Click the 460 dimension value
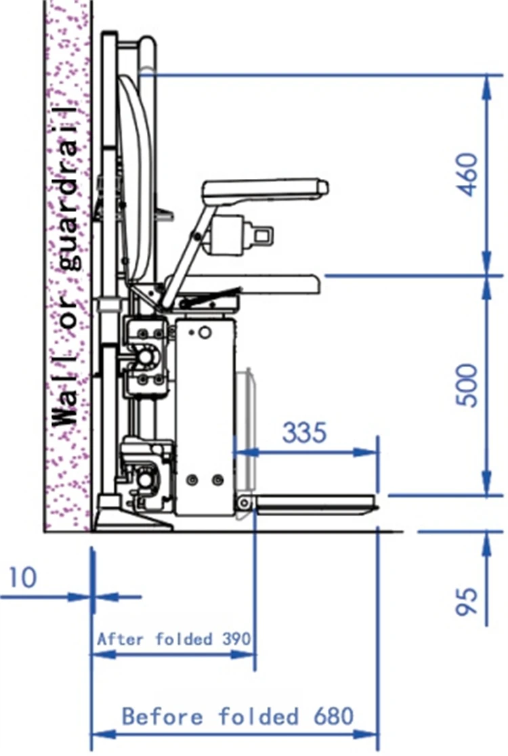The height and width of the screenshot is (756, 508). click(467, 175)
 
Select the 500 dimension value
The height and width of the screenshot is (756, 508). click(467, 385)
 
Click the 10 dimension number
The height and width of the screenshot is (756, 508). click(22, 578)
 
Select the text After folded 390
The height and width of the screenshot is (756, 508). click(174, 639)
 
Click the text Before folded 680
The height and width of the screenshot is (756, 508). click(238, 716)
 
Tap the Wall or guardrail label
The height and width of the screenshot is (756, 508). click(66, 267)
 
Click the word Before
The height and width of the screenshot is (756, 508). click(163, 716)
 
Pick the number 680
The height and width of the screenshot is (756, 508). click(333, 716)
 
